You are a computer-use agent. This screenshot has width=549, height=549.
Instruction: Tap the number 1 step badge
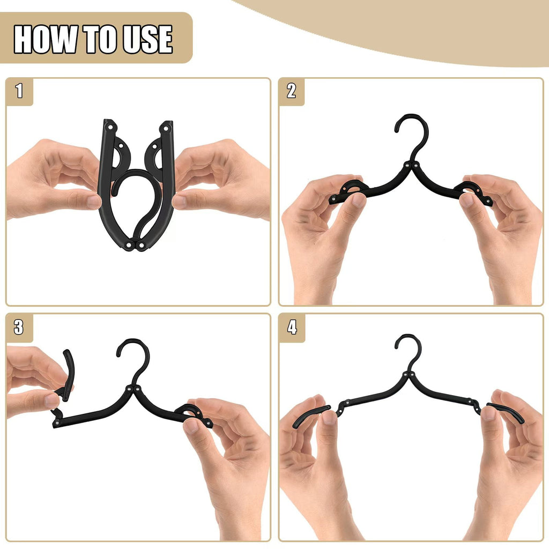19,91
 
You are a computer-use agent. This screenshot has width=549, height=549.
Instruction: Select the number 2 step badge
291,91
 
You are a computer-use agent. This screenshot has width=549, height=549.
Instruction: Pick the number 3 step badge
19,327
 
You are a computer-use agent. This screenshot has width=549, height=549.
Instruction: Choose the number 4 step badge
292,327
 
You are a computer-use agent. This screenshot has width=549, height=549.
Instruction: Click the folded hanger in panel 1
137,185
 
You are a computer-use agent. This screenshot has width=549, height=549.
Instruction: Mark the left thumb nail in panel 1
94,202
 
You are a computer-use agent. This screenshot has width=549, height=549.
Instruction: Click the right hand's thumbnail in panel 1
180,202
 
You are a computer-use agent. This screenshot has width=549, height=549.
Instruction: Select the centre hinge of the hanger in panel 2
410,166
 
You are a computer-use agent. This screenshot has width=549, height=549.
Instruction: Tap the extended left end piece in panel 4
311,416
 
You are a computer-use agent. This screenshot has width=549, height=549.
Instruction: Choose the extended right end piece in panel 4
507,413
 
